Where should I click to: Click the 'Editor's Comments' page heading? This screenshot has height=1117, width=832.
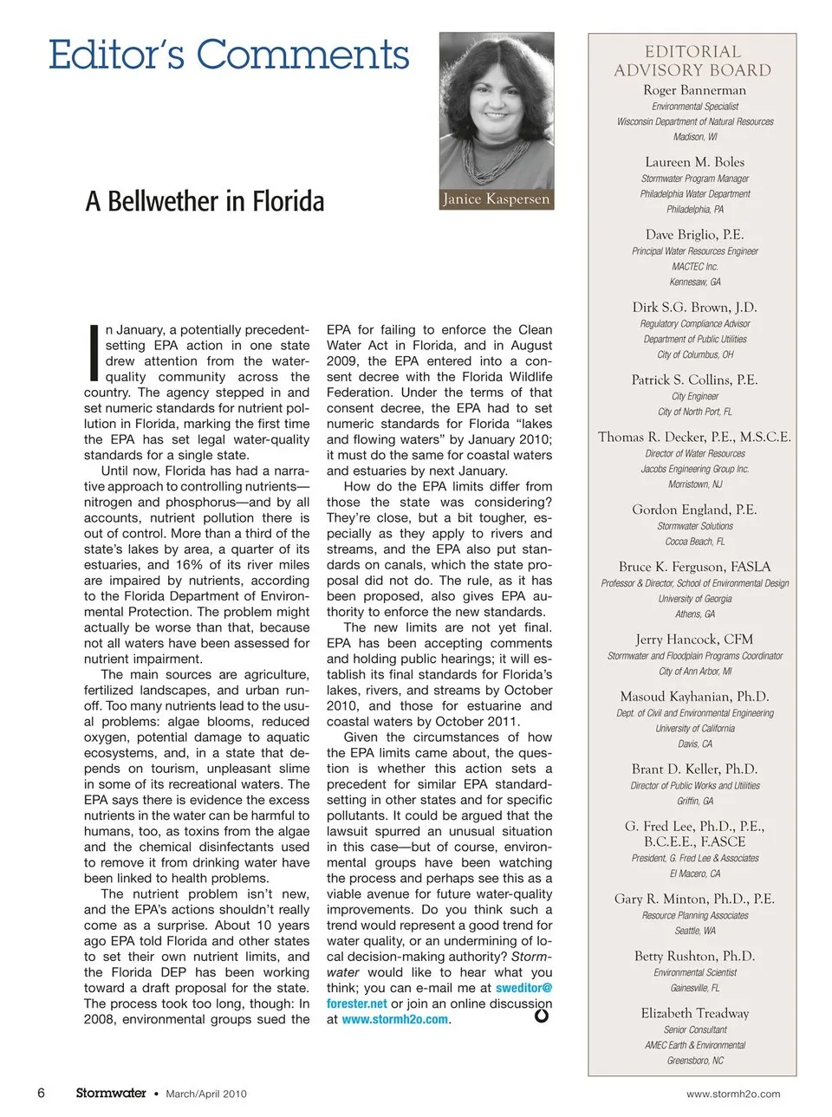coord(229,55)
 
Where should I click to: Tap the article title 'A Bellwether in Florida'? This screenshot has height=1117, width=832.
coord(205,202)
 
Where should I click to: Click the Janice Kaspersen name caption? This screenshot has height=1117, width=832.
coord(496,199)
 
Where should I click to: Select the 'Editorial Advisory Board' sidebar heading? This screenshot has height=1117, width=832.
coord(692,61)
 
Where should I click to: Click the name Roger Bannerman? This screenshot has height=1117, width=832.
coord(694,90)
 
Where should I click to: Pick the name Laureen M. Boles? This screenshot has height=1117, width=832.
coord(694,162)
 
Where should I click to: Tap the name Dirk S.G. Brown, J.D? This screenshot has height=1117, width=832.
coord(694,307)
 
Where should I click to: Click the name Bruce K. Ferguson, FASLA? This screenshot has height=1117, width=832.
coord(694,567)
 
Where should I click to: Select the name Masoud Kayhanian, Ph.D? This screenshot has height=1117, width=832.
coord(694,697)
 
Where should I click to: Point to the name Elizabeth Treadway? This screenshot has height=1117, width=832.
coord(694,1013)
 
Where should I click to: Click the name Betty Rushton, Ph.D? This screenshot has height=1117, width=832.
coord(694,956)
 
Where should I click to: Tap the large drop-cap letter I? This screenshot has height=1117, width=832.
coord(94,353)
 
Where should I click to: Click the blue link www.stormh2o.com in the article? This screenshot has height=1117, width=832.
coord(394,1020)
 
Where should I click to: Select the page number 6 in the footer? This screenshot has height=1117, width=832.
coord(41,1093)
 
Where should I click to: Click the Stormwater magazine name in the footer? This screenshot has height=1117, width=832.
coord(111,1094)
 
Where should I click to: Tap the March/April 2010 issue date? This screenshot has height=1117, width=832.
coord(206,1094)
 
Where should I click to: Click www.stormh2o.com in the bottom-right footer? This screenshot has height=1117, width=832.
coord(732,1094)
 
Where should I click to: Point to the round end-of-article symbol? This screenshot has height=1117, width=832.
coord(542,1016)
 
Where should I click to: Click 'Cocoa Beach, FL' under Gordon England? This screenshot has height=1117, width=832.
coord(694,542)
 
